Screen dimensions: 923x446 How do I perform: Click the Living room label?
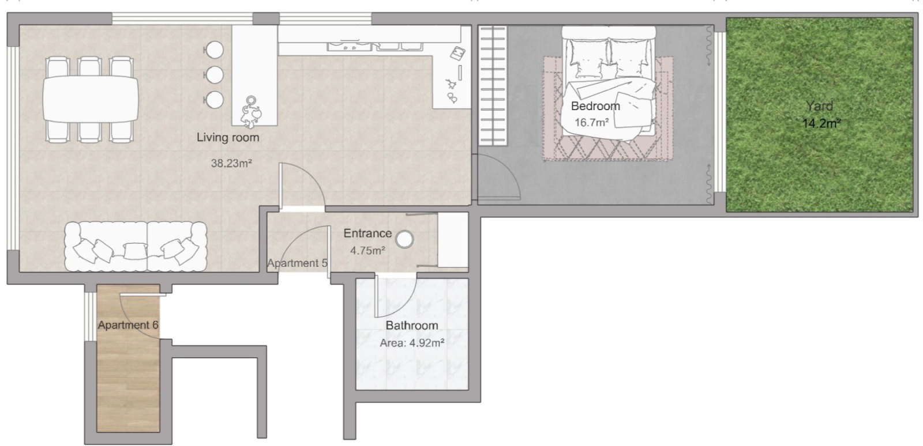point(228,137)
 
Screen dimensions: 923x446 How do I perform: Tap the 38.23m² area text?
point(231,163)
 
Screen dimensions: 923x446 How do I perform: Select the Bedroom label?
point(595,106)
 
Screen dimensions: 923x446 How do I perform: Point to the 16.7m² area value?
point(592,122)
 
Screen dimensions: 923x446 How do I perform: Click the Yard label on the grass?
point(820,106)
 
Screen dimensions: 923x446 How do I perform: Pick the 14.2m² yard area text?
point(821,123)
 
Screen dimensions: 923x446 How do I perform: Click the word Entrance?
point(367,233)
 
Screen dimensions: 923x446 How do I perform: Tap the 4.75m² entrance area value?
point(367,250)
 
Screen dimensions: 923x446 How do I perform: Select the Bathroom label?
point(412,326)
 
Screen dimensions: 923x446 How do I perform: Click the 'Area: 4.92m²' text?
point(412,343)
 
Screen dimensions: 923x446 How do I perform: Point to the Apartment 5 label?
point(297,263)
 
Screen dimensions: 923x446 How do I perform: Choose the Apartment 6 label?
point(128,325)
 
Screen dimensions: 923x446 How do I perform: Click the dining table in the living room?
point(91,99)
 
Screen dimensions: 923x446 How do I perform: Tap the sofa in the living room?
point(136,247)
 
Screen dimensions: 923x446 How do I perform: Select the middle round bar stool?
point(214,75)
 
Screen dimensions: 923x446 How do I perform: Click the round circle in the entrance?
point(404,239)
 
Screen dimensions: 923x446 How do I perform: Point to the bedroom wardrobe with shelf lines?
point(493,86)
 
